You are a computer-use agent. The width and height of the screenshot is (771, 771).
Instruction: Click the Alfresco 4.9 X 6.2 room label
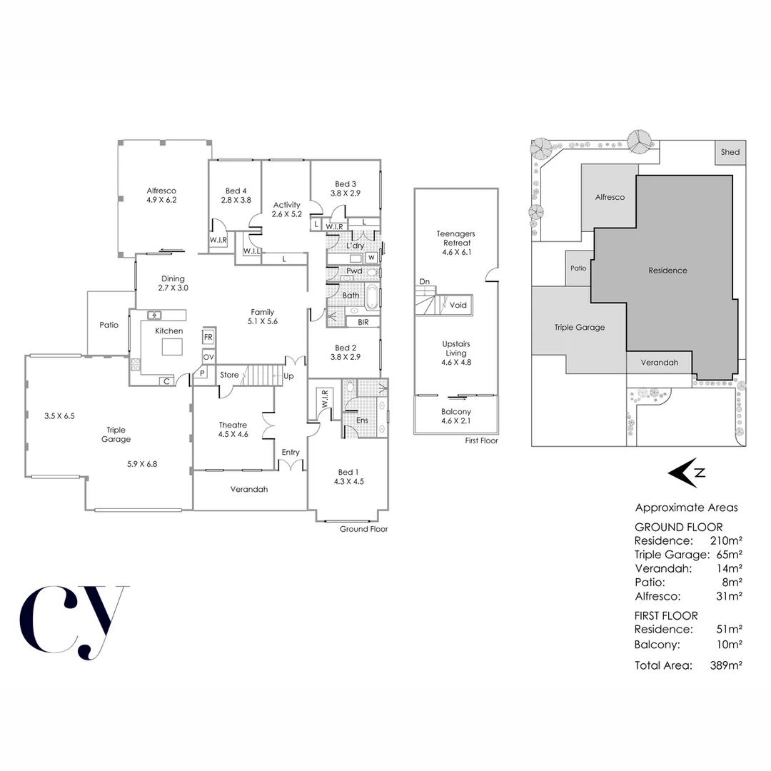161,196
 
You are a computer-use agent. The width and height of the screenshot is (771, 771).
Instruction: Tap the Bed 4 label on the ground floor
236,196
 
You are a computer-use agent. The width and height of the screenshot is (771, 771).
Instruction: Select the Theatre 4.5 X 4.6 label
233,430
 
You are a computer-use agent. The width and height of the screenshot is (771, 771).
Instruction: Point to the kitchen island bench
171,347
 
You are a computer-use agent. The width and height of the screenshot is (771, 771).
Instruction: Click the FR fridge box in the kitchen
208,337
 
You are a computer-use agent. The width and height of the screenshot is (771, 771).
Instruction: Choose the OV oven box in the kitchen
208,357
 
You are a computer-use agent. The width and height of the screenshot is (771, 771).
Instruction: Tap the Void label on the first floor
458,305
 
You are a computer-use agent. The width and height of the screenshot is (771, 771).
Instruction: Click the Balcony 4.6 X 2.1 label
456,416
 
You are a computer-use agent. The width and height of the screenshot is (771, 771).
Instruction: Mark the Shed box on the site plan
730,152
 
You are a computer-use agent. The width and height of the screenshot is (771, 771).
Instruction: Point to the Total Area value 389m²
724,665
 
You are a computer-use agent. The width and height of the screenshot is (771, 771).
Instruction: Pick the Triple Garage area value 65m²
727,555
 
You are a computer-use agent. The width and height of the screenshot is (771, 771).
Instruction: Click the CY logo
74,622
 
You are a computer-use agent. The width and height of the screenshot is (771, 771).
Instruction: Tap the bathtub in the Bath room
373,296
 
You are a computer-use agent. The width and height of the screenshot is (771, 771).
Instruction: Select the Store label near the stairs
229,375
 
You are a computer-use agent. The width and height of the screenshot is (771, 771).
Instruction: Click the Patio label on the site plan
578,268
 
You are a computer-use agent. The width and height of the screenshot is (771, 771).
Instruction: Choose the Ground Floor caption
363,529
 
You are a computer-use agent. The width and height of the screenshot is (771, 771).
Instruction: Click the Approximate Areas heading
686,508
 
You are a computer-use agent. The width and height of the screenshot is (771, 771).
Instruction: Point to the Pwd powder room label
354,271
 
